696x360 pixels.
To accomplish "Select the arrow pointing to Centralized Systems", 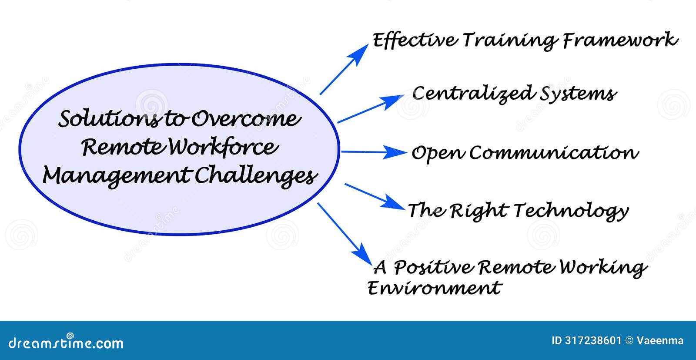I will (370, 109).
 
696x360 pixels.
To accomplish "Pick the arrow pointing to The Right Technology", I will (374, 196).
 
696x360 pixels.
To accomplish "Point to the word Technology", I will (571, 211).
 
